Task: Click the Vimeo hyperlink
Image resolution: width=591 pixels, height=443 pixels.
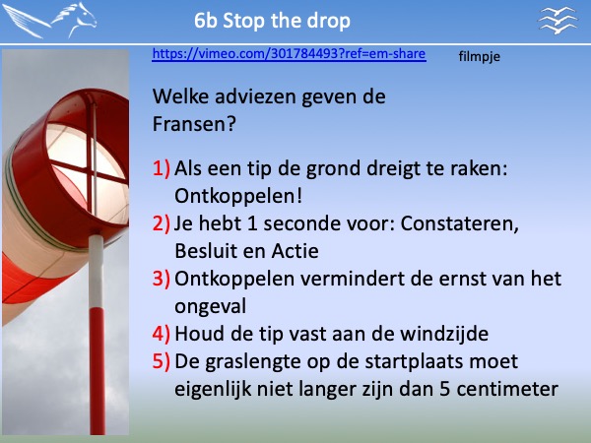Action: click(289, 54)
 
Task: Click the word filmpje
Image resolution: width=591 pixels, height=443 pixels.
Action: click(479, 57)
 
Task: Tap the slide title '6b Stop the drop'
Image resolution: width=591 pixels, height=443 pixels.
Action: click(272, 21)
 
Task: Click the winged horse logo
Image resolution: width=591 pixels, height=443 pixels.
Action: click(50, 21)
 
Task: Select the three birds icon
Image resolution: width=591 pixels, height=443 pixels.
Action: click(558, 21)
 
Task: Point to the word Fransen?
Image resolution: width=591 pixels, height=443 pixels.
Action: click(194, 124)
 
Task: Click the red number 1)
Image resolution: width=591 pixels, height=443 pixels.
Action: click(162, 168)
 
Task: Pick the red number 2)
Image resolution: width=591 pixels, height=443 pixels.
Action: click(162, 223)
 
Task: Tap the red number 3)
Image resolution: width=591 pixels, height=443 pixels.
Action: click(162, 279)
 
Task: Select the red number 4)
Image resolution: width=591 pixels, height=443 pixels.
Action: click(162, 334)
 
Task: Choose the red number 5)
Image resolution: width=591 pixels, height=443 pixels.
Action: click(162, 361)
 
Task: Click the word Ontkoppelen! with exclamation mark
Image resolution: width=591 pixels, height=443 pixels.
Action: click(238, 196)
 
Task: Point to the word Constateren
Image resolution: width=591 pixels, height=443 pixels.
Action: click(459, 223)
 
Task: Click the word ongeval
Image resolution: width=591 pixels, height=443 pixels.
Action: click(211, 306)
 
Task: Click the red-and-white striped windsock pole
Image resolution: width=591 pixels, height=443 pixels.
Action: click(97, 335)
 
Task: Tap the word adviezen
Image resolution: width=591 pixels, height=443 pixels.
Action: click(255, 96)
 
